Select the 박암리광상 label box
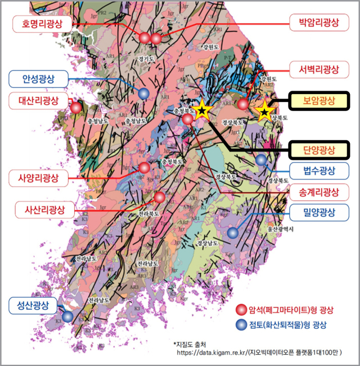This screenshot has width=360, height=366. pyautogui.click(x=315, y=24)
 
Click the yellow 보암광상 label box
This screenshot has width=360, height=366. pyautogui.click(x=319, y=101)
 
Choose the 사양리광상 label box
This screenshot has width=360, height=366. pyautogui.click(x=43, y=179)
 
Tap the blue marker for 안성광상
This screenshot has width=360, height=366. pyautogui.click(x=144, y=93)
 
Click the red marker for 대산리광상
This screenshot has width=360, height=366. pyautogui.click(x=76, y=107)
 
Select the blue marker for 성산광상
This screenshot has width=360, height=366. pyautogui.click(x=67, y=316)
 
